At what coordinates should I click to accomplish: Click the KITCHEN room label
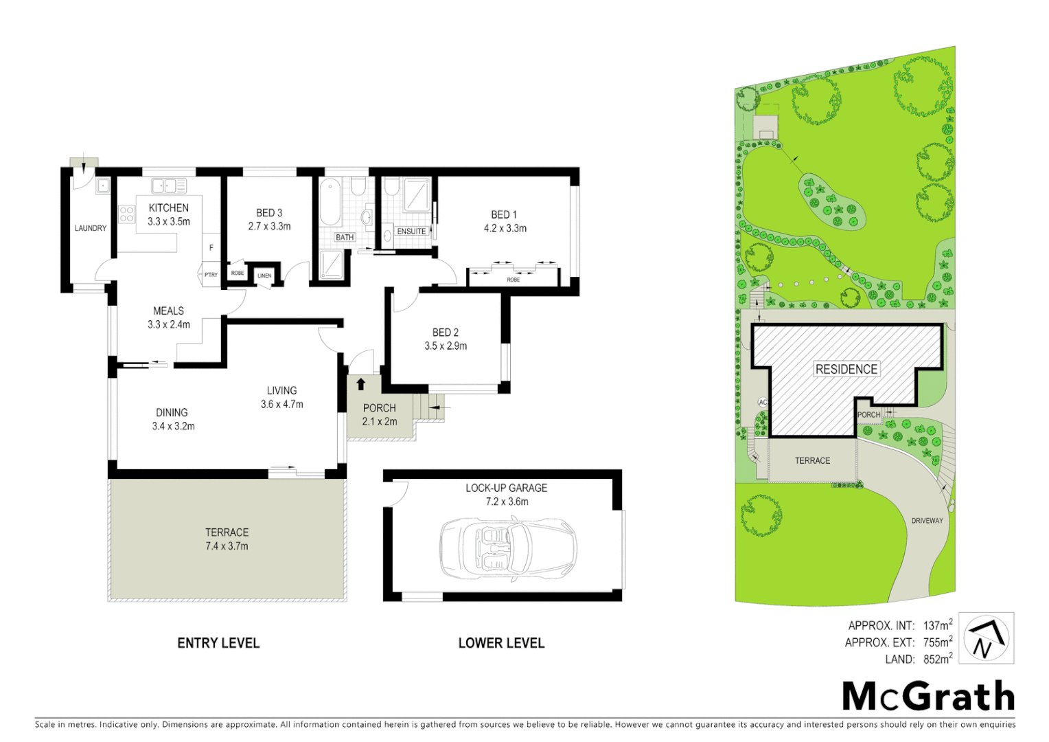(x=168, y=207)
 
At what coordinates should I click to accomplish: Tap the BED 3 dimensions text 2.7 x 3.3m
(x=269, y=226)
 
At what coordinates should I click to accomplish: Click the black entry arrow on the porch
(x=361, y=385)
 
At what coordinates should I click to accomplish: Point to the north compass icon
(x=986, y=638)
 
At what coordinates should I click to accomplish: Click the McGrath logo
(x=928, y=697)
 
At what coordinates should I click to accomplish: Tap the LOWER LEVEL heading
(x=501, y=643)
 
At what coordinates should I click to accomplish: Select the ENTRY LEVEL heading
(x=218, y=643)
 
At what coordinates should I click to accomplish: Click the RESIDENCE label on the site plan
(x=846, y=369)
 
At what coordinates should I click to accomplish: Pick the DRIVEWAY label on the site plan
(x=927, y=521)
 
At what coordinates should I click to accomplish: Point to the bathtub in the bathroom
(x=331, y=202)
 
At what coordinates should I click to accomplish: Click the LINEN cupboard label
(x=264, y=276)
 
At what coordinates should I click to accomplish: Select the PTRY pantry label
(x=211, y=275)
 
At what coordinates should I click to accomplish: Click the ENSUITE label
(x=411, y=232)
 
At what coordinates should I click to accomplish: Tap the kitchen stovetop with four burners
(x=127, y=214)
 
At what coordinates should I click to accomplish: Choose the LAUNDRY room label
(x=91, y=228)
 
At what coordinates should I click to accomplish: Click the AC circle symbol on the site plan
(x=763, y=402)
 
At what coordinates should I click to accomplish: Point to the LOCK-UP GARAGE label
(x=506, y=488)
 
